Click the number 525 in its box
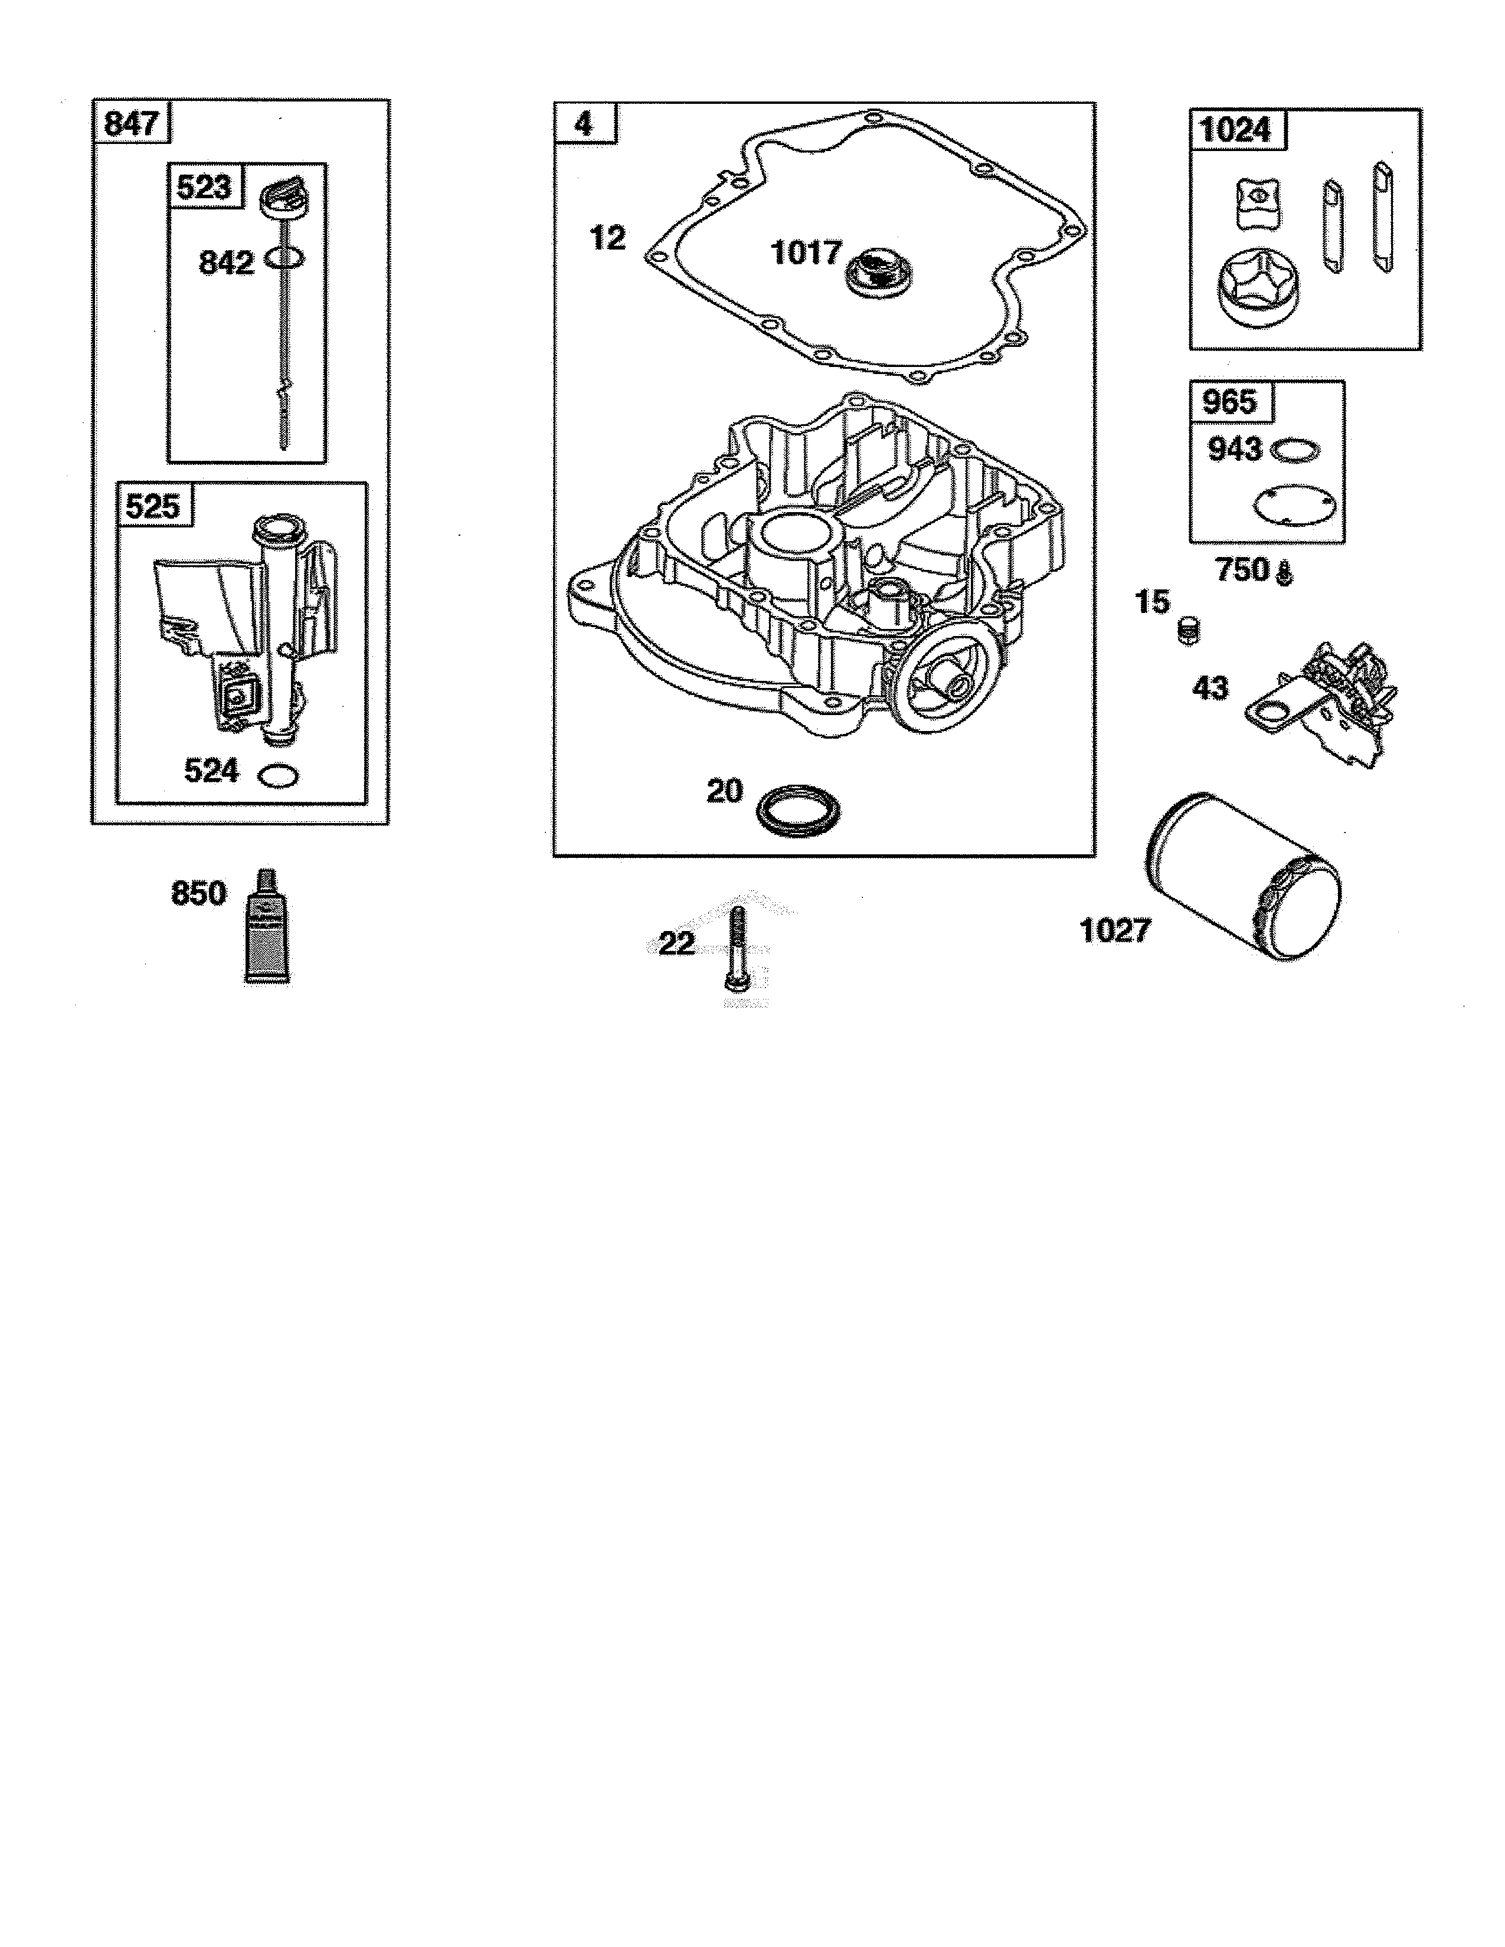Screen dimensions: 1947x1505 152,506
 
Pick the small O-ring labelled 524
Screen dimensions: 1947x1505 277,776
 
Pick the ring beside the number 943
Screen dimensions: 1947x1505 1295,450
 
